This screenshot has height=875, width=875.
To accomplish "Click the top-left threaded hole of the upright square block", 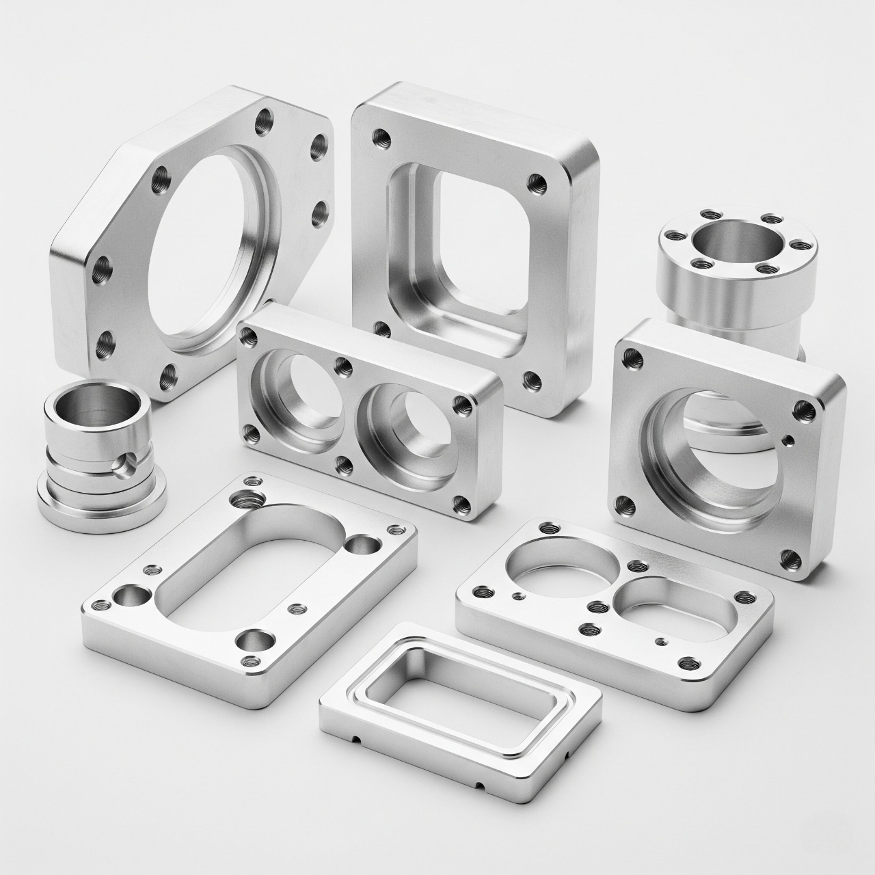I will pyautogui.click(x=380, y=139).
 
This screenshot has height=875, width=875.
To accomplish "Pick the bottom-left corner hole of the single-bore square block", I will pyautogui.click(x=623, y=507).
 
